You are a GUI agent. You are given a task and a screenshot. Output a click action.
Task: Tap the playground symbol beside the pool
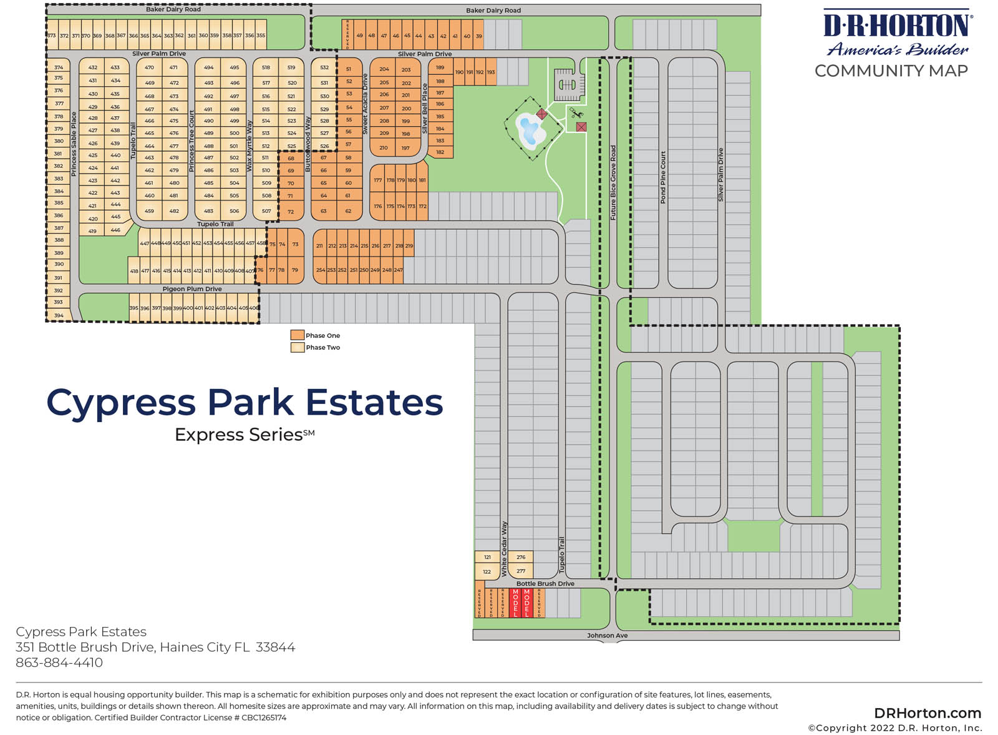point(576,114)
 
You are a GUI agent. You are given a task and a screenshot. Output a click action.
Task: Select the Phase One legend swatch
point(297,335)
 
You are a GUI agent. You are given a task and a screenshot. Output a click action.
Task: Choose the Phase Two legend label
point(322,348)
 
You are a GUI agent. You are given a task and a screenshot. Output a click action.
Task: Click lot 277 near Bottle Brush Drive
point(521,571)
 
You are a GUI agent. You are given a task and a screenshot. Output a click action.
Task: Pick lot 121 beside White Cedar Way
point(487,557)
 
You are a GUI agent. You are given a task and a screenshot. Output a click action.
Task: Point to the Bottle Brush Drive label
point(545,584)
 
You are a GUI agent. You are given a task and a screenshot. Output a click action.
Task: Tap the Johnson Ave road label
point(607,636)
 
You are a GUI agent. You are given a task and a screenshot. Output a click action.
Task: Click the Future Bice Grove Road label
point(613,182)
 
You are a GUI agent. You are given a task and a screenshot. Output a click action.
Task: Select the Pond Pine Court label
point(663,177)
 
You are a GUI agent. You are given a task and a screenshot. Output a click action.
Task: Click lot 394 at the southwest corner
point(59,315)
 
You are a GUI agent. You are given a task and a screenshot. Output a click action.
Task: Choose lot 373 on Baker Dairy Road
point(52,36)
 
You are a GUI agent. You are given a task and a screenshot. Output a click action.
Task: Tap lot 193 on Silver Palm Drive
point(491,72)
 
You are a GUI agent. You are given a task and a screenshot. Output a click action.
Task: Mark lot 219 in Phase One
point(409,246)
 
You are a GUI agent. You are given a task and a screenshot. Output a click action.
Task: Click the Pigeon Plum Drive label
point(192,289)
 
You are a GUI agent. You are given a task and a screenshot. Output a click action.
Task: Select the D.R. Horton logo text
point(897,26)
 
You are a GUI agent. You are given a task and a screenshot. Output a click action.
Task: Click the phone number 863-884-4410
point(59,663)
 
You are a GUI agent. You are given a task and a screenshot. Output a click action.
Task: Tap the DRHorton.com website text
point(927,713)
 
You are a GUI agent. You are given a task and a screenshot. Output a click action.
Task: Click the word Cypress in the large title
point(121,403)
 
